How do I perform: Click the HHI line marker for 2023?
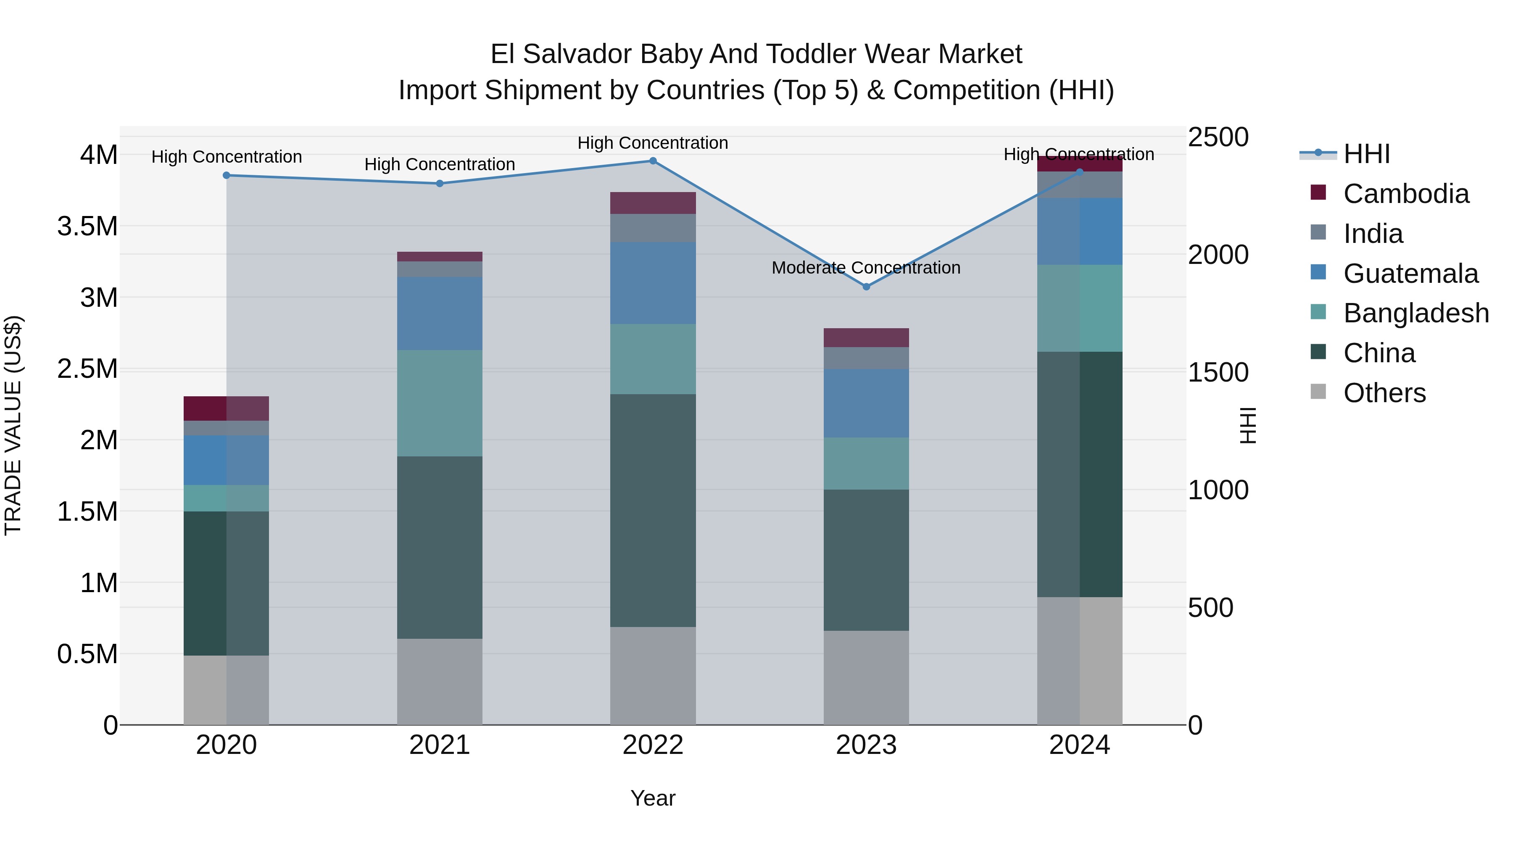pyautogui.click(x=866, y=287)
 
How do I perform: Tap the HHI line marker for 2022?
pyautogui.click(x=653, y=161)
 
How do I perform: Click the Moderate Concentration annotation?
pyautogui.click(x=866, y=268)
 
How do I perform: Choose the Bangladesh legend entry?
pyautogui.click(x=1415, y=313)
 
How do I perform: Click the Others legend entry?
pyautogui.click(x=1384, y=393)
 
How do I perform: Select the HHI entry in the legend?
pyautogui.click(x=1366, y=154)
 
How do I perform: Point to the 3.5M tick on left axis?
pyautogui.click(x=87, y=226)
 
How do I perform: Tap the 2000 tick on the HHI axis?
pyautogui.click(x=1218, y=255)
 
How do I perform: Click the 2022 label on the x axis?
pyautogui.click(x=653, y=745)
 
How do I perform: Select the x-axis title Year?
pyautogui.click(x=653, y=798)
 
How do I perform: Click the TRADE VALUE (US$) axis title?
pyautogui.click(x=13, y=425)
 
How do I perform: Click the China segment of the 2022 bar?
pyautogui.click(x=653, y=510)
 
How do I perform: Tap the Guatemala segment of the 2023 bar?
pyautogui.click(x=866, y=403)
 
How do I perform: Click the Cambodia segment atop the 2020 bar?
pyautogui.click(x=226, y=408)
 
